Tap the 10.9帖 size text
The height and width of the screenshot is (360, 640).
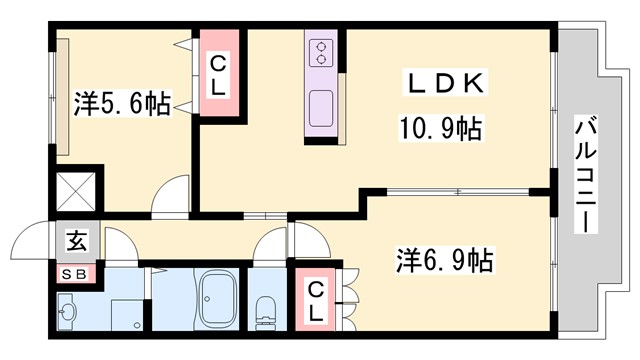(x=444, y=128)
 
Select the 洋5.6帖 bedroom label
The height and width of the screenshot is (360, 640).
(x=121, y=102)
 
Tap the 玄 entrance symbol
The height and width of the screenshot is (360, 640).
(x=75, y=241)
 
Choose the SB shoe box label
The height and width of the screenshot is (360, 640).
(x=75, y=274)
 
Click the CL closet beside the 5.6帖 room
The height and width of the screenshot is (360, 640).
(x=217, y=75)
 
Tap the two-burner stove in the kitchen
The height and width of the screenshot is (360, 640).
(x=323, y=51)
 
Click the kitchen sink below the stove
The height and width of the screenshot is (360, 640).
(x=323, y=106)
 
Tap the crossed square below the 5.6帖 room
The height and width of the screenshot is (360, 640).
(x=75, y=191)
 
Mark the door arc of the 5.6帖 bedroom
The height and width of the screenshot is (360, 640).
(x=171, y=194)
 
